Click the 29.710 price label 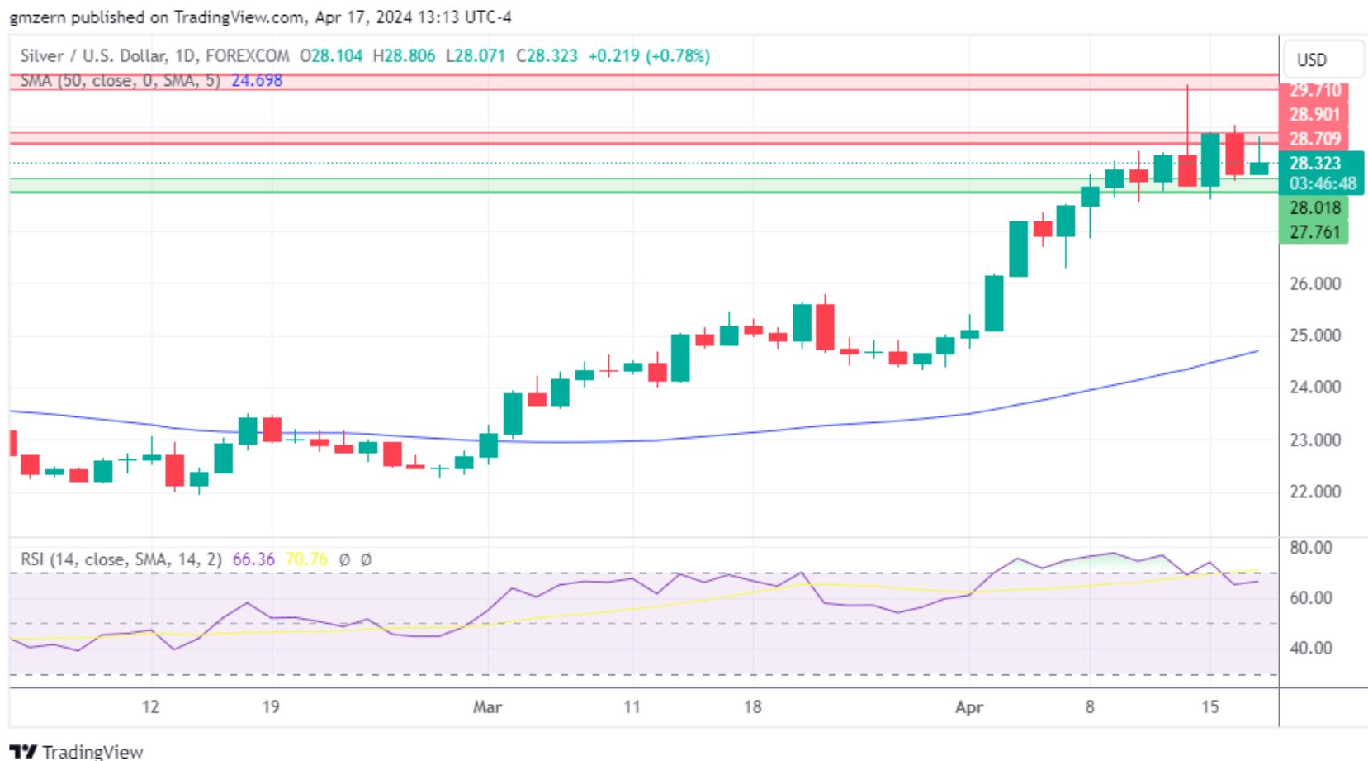point(1314,90)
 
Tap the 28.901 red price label point(1314,115)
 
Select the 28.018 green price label point(1314,208)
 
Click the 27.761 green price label point(1314,232)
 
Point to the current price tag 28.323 point(1314,164)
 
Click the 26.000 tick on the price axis point(1314,284)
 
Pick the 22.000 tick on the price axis point(1314,492)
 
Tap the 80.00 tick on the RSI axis point(1311,548)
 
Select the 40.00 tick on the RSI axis point(1311,649)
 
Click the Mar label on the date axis point(487,707)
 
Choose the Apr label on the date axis point(969,707)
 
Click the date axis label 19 point(270,707)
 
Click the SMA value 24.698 point(257,81)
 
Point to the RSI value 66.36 point(253,560)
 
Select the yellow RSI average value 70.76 point(305,560)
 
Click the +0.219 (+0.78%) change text point(648,56)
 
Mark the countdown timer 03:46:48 point(1323,183)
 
